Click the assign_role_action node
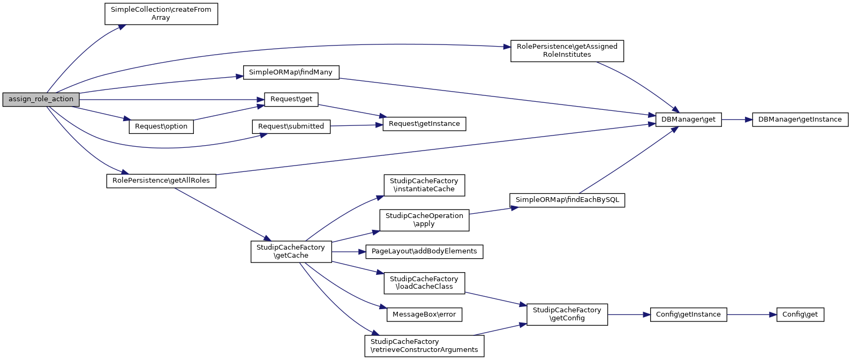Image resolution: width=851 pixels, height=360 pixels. click(41, 100)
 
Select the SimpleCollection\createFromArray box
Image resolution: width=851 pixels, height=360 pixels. click(161, 13)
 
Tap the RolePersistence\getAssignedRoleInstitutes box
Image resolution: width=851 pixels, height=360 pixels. click(567, 50)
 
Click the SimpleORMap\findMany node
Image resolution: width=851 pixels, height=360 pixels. click(291, 72)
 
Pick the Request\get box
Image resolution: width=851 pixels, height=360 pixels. click(291, 99)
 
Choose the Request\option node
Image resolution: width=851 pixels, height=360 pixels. click(161, 126)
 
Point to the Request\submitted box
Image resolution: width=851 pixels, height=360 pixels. click(291, 126)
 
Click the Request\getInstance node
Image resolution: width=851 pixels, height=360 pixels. click(424, 124)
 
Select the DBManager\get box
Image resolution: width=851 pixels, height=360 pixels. click(688, 119)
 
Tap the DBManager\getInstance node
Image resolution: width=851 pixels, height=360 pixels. click(800, 119)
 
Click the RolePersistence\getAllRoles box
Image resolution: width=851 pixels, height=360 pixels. click(161, 181)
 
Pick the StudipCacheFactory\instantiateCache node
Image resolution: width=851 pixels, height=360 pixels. click(424, 185)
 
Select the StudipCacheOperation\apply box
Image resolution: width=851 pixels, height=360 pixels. click(424, 220)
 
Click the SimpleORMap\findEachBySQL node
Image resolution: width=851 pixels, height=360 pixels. click(567, 200)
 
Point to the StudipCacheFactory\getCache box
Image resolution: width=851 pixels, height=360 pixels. click(291, 251)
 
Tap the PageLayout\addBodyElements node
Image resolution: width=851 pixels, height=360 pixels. click(424, 251)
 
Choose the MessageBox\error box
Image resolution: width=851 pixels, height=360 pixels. click(424, 314)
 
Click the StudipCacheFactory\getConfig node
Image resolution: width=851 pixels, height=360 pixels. click(567, 314)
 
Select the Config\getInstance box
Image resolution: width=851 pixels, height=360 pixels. click(688, 314)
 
